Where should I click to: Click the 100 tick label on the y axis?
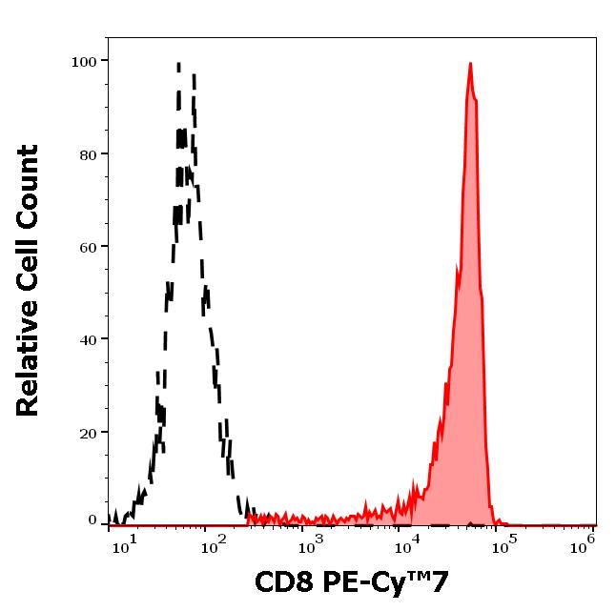[85, 62]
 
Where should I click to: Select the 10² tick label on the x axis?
[216, 543]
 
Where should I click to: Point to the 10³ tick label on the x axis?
[312, 543]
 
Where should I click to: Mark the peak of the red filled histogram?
[470, 64]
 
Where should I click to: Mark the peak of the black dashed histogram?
[178, 64]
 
